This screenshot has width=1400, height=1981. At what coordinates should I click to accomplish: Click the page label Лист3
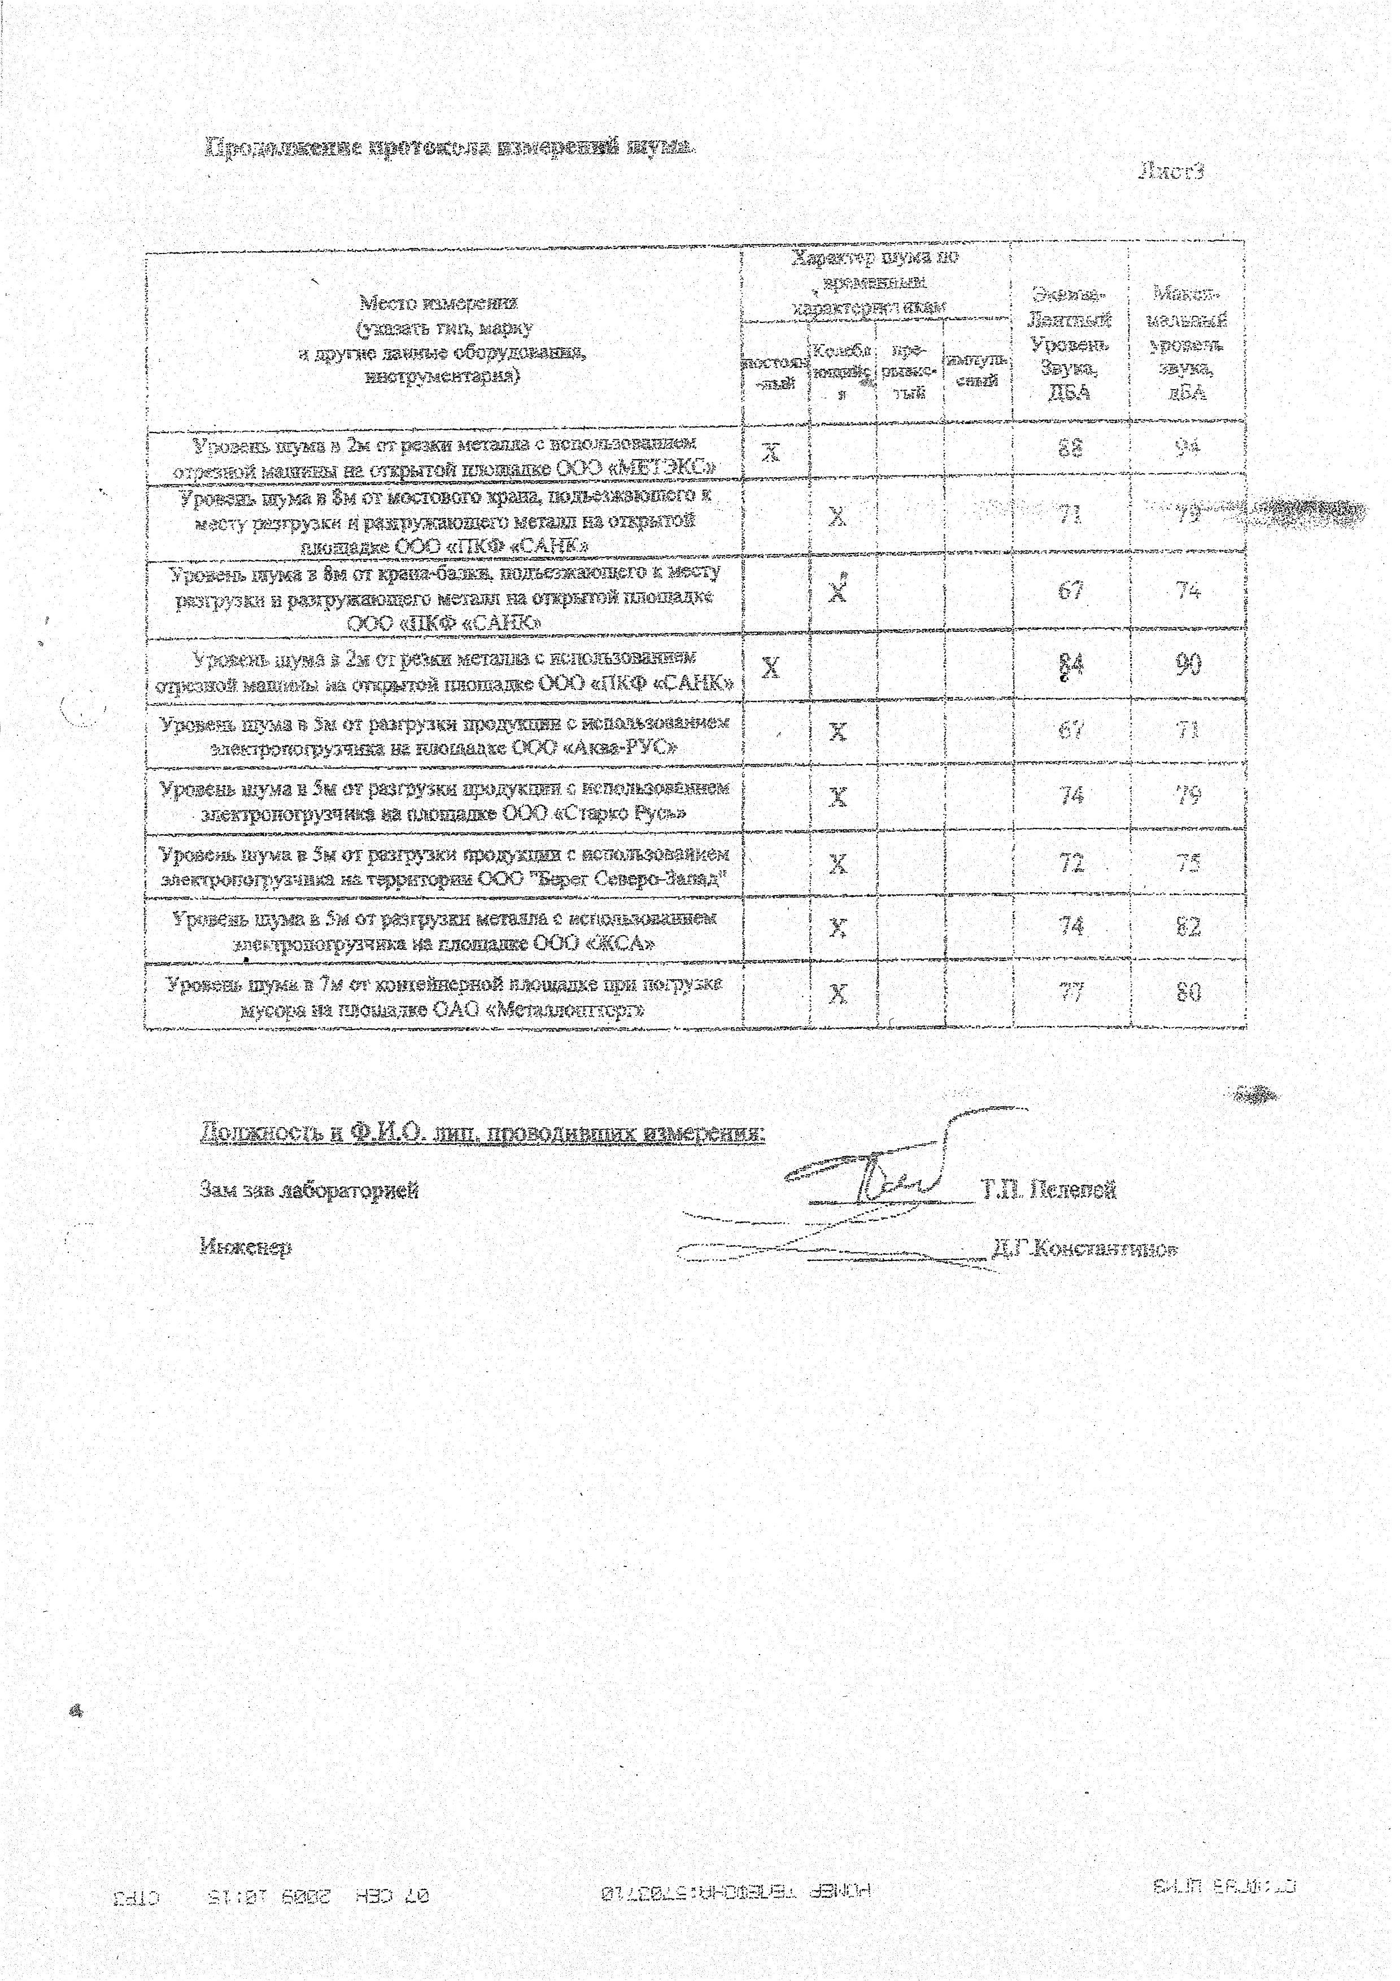click(x=1171, y=171)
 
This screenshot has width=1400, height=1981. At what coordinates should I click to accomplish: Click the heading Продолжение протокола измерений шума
click(x=448, y=149)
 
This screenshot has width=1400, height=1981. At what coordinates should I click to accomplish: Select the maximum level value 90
click(x=1189, y=664)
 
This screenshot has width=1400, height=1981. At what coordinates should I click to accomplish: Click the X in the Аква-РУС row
click(x=838, y=732)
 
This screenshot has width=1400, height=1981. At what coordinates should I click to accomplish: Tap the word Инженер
click(x=245, y=1247)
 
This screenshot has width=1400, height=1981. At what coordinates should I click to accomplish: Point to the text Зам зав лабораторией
click(x=309, y=1190)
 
